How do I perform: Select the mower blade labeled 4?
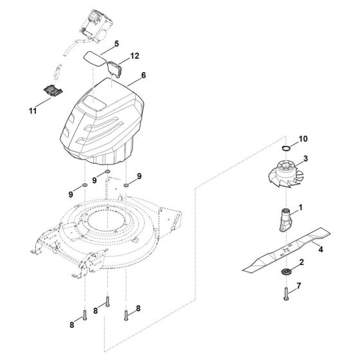[x=277, y=254]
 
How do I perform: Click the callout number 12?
[x=135, y=57]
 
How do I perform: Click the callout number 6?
[x=143, y=76]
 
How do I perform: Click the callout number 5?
[x=116, y=44]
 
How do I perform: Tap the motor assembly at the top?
[x=96, y=26]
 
